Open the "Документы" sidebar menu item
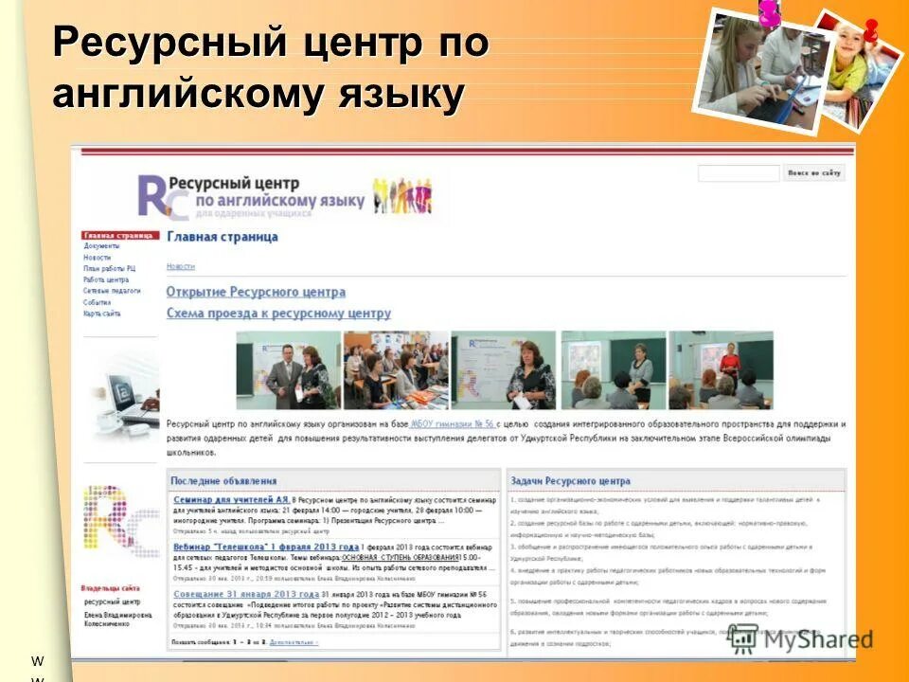(x=101, y=245)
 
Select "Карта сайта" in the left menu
(x=101, y=314)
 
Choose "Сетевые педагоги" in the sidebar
(x=112, y=291)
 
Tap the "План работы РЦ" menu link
(x=109, y=268)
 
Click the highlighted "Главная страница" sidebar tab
(x=118, y=235)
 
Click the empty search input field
(x=739, y=173)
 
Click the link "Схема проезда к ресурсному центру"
(x=278, y=313)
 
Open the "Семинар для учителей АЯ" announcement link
(x=231, y=498)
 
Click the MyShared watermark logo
(x=800, y=638)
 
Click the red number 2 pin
(x=868, y=30)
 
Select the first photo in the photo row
(x=288, y=369)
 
